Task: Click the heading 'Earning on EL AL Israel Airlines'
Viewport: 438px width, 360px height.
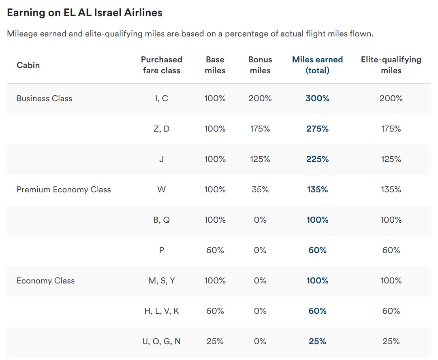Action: tap(85, 13)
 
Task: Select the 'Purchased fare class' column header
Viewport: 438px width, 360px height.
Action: tap(161, 65)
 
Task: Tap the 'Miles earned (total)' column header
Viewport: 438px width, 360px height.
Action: tap(317, 65)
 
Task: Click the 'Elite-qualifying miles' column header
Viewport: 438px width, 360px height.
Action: tap(391, 65)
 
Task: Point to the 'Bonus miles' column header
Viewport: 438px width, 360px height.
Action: tap(260, 65)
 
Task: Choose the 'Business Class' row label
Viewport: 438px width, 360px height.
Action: tap(44, 98)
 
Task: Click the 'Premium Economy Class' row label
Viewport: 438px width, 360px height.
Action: tap(64, 190)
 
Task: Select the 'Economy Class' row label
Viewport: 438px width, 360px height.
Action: tap(45, 281)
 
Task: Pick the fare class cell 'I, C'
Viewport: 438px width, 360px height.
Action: tap(161, 98)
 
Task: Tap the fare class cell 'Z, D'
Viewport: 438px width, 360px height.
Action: tap(161, 129)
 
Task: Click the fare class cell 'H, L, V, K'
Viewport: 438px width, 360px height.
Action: tap(161, 311)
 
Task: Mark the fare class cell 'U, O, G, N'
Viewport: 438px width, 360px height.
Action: tap(161, 341)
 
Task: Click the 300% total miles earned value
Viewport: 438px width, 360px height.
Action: tap(317, 98)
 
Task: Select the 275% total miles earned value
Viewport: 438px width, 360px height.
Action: tap(317, 129)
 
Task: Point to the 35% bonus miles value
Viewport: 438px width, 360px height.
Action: tap(260, 190)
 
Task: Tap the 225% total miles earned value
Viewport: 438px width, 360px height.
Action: tap(317, 159)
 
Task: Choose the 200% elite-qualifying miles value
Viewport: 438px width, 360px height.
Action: tap(391, 98)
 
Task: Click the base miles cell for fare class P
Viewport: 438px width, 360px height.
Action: tap(215, 250)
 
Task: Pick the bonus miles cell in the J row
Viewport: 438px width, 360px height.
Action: tap(260, 159)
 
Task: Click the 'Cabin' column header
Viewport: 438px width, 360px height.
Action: tap(28, 65)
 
